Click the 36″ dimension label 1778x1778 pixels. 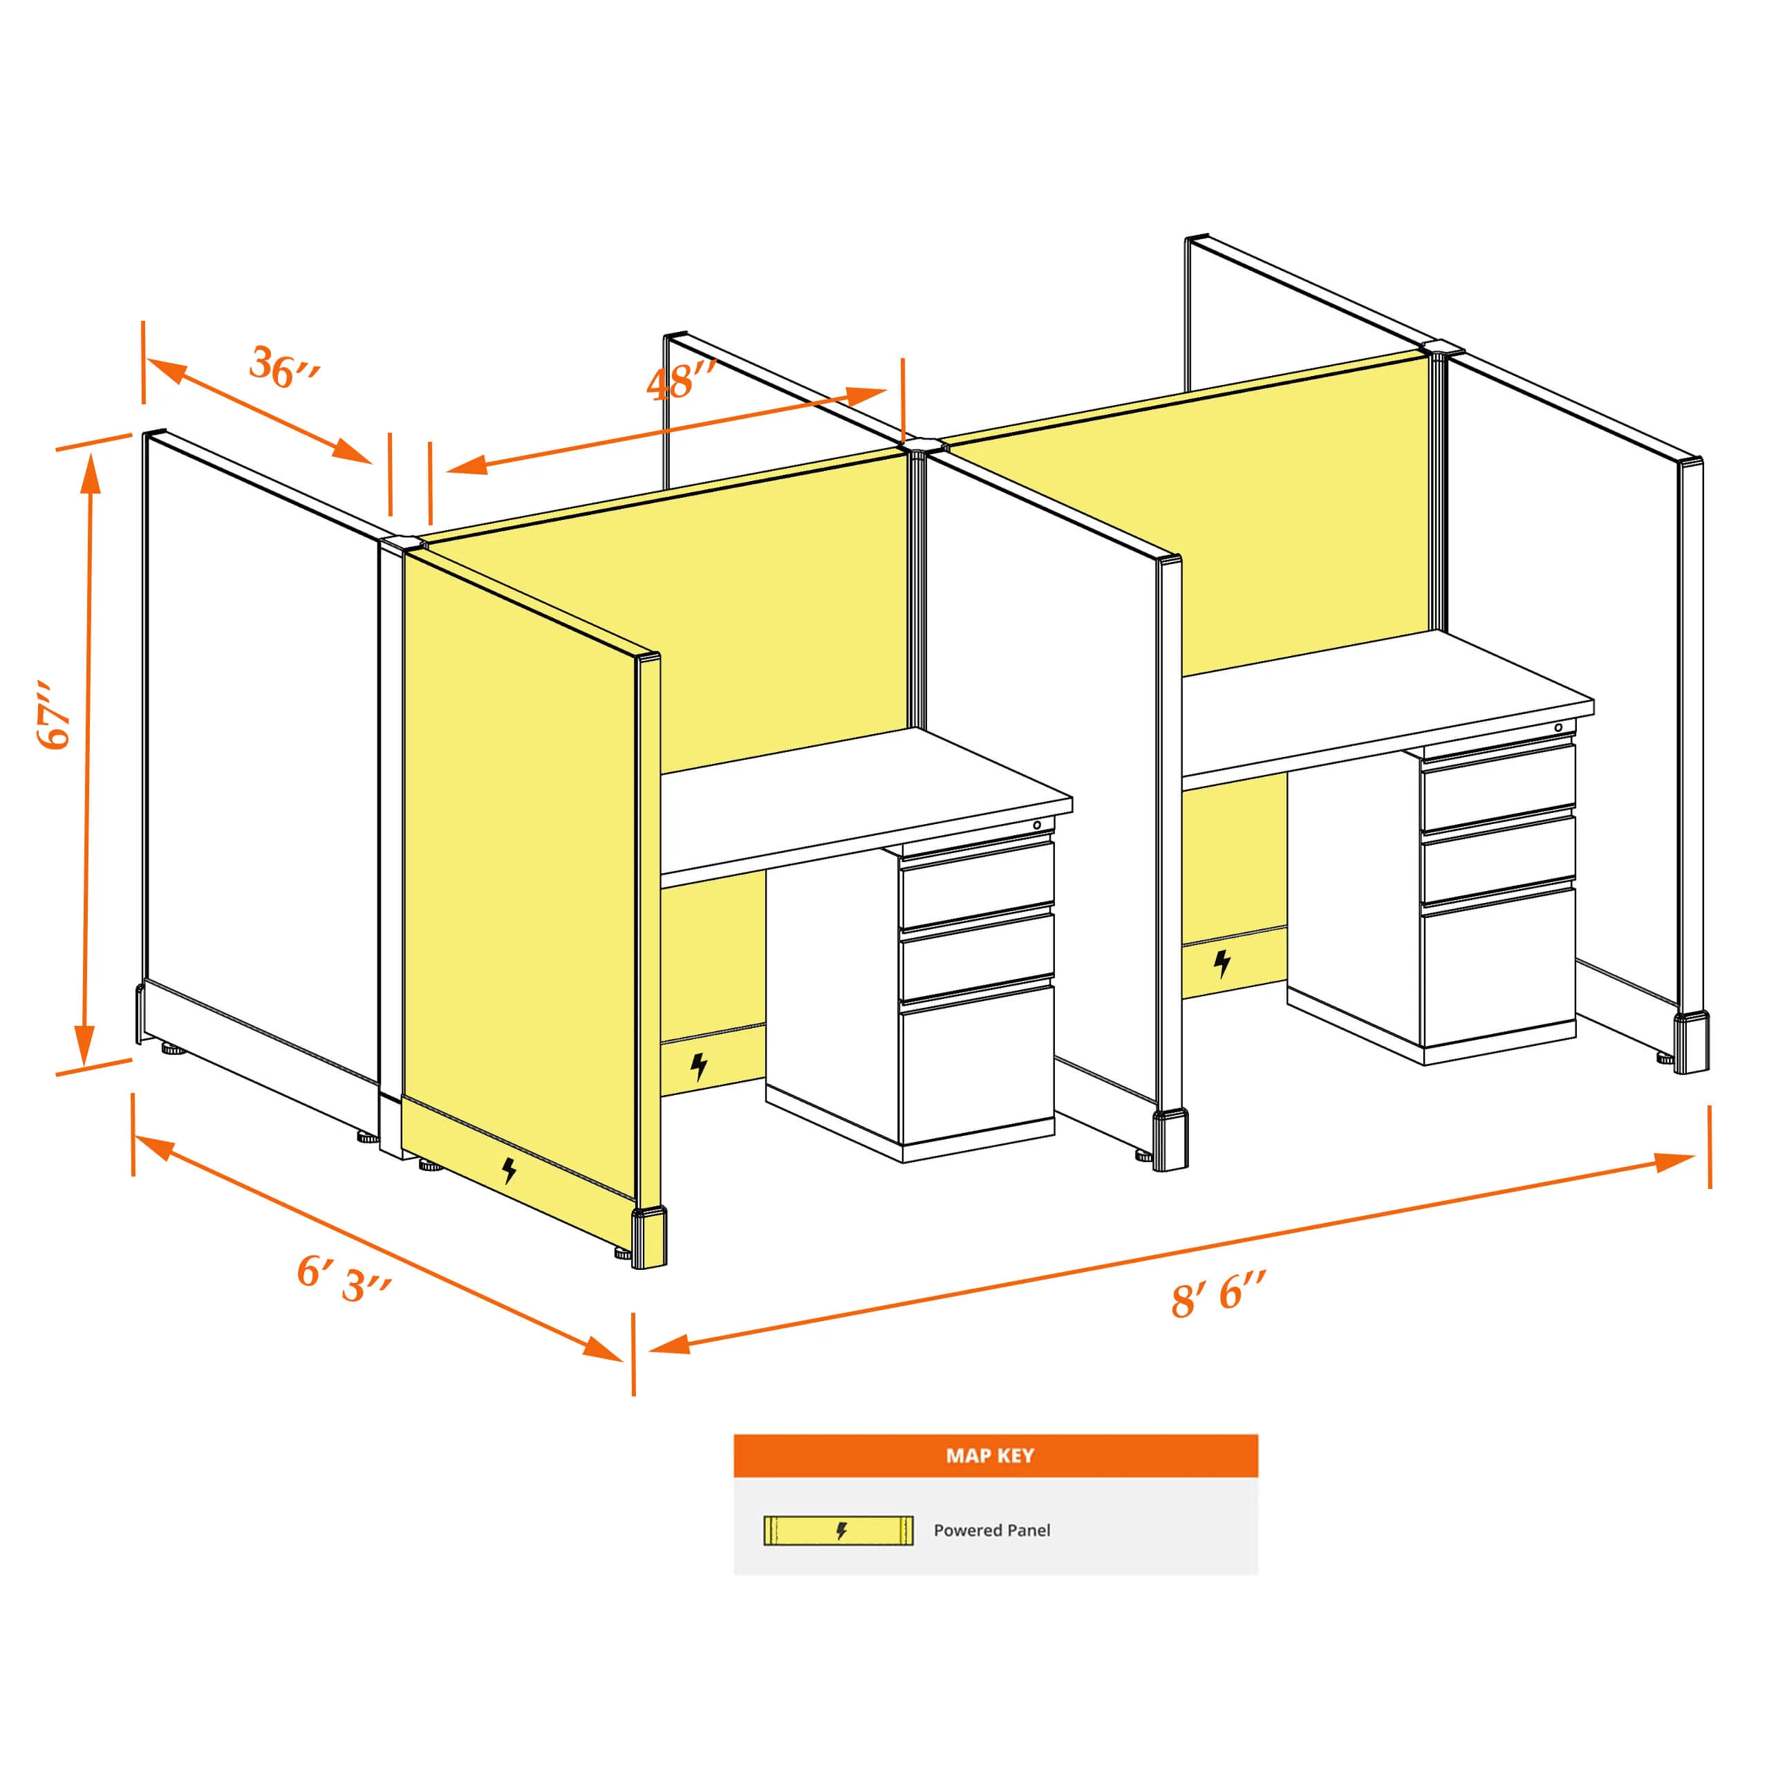pos(284,367)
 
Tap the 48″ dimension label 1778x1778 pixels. pos(680,382)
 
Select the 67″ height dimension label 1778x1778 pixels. pos(55,715)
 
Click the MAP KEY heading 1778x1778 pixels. pos(990,1456)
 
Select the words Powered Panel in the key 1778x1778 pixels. pos(992,1531)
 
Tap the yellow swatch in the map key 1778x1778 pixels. pos(839,1531)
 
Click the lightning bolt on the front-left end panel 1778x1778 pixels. pos(509,1170)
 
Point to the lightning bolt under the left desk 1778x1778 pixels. pos(698,1067)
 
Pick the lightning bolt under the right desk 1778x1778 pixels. pos(1222,964)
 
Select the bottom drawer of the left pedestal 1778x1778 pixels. pos(976,1064)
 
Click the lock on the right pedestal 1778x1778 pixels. pos(1558,728)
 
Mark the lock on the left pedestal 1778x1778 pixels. pos(1037,825)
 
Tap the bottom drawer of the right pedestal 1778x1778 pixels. pos(1498,966)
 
